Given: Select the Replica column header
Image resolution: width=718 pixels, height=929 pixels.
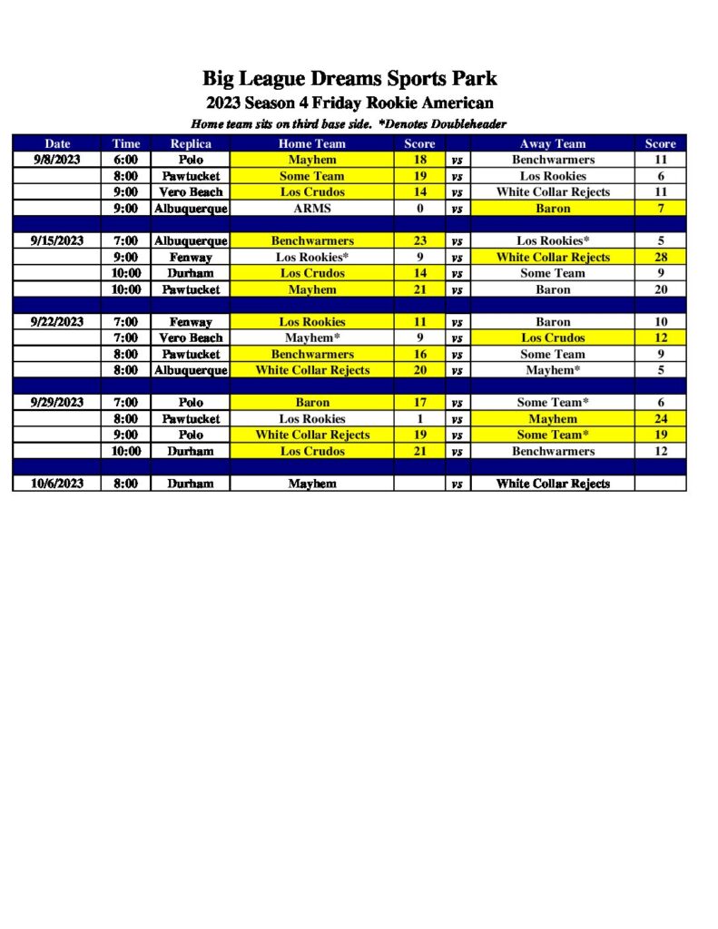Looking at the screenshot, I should (x=191, y=143).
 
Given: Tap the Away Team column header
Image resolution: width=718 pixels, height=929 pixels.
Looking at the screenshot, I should (x=553, y=143).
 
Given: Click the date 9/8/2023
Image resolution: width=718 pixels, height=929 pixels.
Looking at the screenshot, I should (x=57, y=160).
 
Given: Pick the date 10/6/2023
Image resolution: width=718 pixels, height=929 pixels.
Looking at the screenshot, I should (x=57, y=484).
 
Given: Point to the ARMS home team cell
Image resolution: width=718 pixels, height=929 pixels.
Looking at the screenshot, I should (x=311, y=209).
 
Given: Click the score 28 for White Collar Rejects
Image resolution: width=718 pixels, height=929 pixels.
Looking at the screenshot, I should (x=661, y=258).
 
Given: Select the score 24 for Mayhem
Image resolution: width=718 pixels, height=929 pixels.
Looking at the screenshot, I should (x=661, y=419).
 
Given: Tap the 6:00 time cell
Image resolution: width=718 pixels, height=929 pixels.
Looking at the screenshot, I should (x=126, y=160).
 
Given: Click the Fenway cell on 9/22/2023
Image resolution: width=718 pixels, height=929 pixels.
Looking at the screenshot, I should (x=191, y=322).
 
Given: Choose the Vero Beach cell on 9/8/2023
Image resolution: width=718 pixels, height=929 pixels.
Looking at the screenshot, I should (x=191, y=192).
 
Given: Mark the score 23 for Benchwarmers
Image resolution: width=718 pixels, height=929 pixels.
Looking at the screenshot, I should (x=420, y=241).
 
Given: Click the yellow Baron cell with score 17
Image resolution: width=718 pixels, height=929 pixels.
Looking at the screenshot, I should (x=311, y=403).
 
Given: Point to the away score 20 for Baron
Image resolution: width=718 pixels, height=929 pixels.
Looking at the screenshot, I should (x=661, y=289).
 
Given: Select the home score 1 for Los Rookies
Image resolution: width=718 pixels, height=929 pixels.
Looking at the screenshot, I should (x=420, y=419).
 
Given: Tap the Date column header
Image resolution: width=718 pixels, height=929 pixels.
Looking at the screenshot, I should (x=57, y=143).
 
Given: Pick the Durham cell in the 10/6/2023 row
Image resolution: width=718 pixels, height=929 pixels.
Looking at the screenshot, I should (x=191, y=484).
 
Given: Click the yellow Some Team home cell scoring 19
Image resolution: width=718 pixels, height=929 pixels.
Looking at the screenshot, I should (x=311, y=176).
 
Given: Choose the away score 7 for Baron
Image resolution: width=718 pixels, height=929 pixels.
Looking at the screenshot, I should (x=661, y=209).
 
